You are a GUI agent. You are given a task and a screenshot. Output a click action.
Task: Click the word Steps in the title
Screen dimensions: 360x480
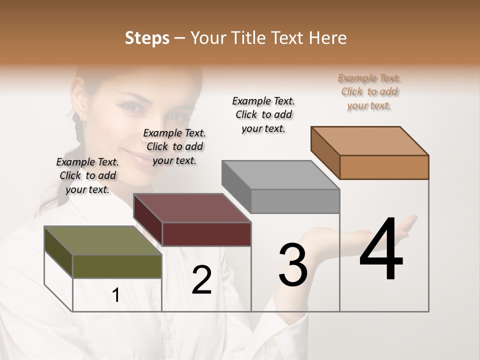(147, 38)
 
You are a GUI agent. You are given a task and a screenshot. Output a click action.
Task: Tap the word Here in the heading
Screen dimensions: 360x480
(327, 38)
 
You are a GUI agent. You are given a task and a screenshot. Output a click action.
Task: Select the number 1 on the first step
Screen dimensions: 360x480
(116, 295)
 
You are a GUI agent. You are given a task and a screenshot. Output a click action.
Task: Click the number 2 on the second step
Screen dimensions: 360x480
(201, 280)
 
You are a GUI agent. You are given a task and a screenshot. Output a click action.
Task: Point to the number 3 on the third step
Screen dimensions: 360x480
(292, 264)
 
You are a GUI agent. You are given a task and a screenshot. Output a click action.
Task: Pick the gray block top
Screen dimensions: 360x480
(280, 175)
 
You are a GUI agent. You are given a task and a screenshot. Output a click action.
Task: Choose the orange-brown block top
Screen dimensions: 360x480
(369, 141)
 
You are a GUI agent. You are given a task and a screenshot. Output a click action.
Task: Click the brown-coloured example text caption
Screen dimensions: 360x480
(369, 91)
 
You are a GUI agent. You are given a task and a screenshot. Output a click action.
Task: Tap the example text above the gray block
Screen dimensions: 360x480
(263, 114)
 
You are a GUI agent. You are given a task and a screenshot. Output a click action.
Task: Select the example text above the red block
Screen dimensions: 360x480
(174, 146)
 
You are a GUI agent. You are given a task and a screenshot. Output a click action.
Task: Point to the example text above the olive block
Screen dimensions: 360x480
(87, 175)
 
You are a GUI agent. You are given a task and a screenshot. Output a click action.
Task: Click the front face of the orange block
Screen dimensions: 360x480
(384, 167)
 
